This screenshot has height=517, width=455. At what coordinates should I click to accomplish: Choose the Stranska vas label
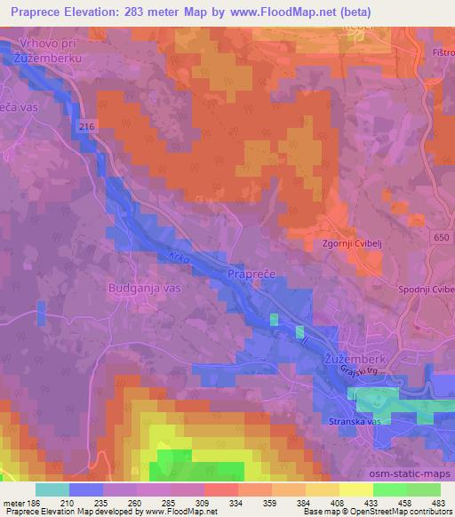coord(355,422)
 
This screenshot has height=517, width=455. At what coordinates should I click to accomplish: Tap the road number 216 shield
coord(86,128)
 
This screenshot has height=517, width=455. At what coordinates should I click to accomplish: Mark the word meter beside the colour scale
coord(15,503)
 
